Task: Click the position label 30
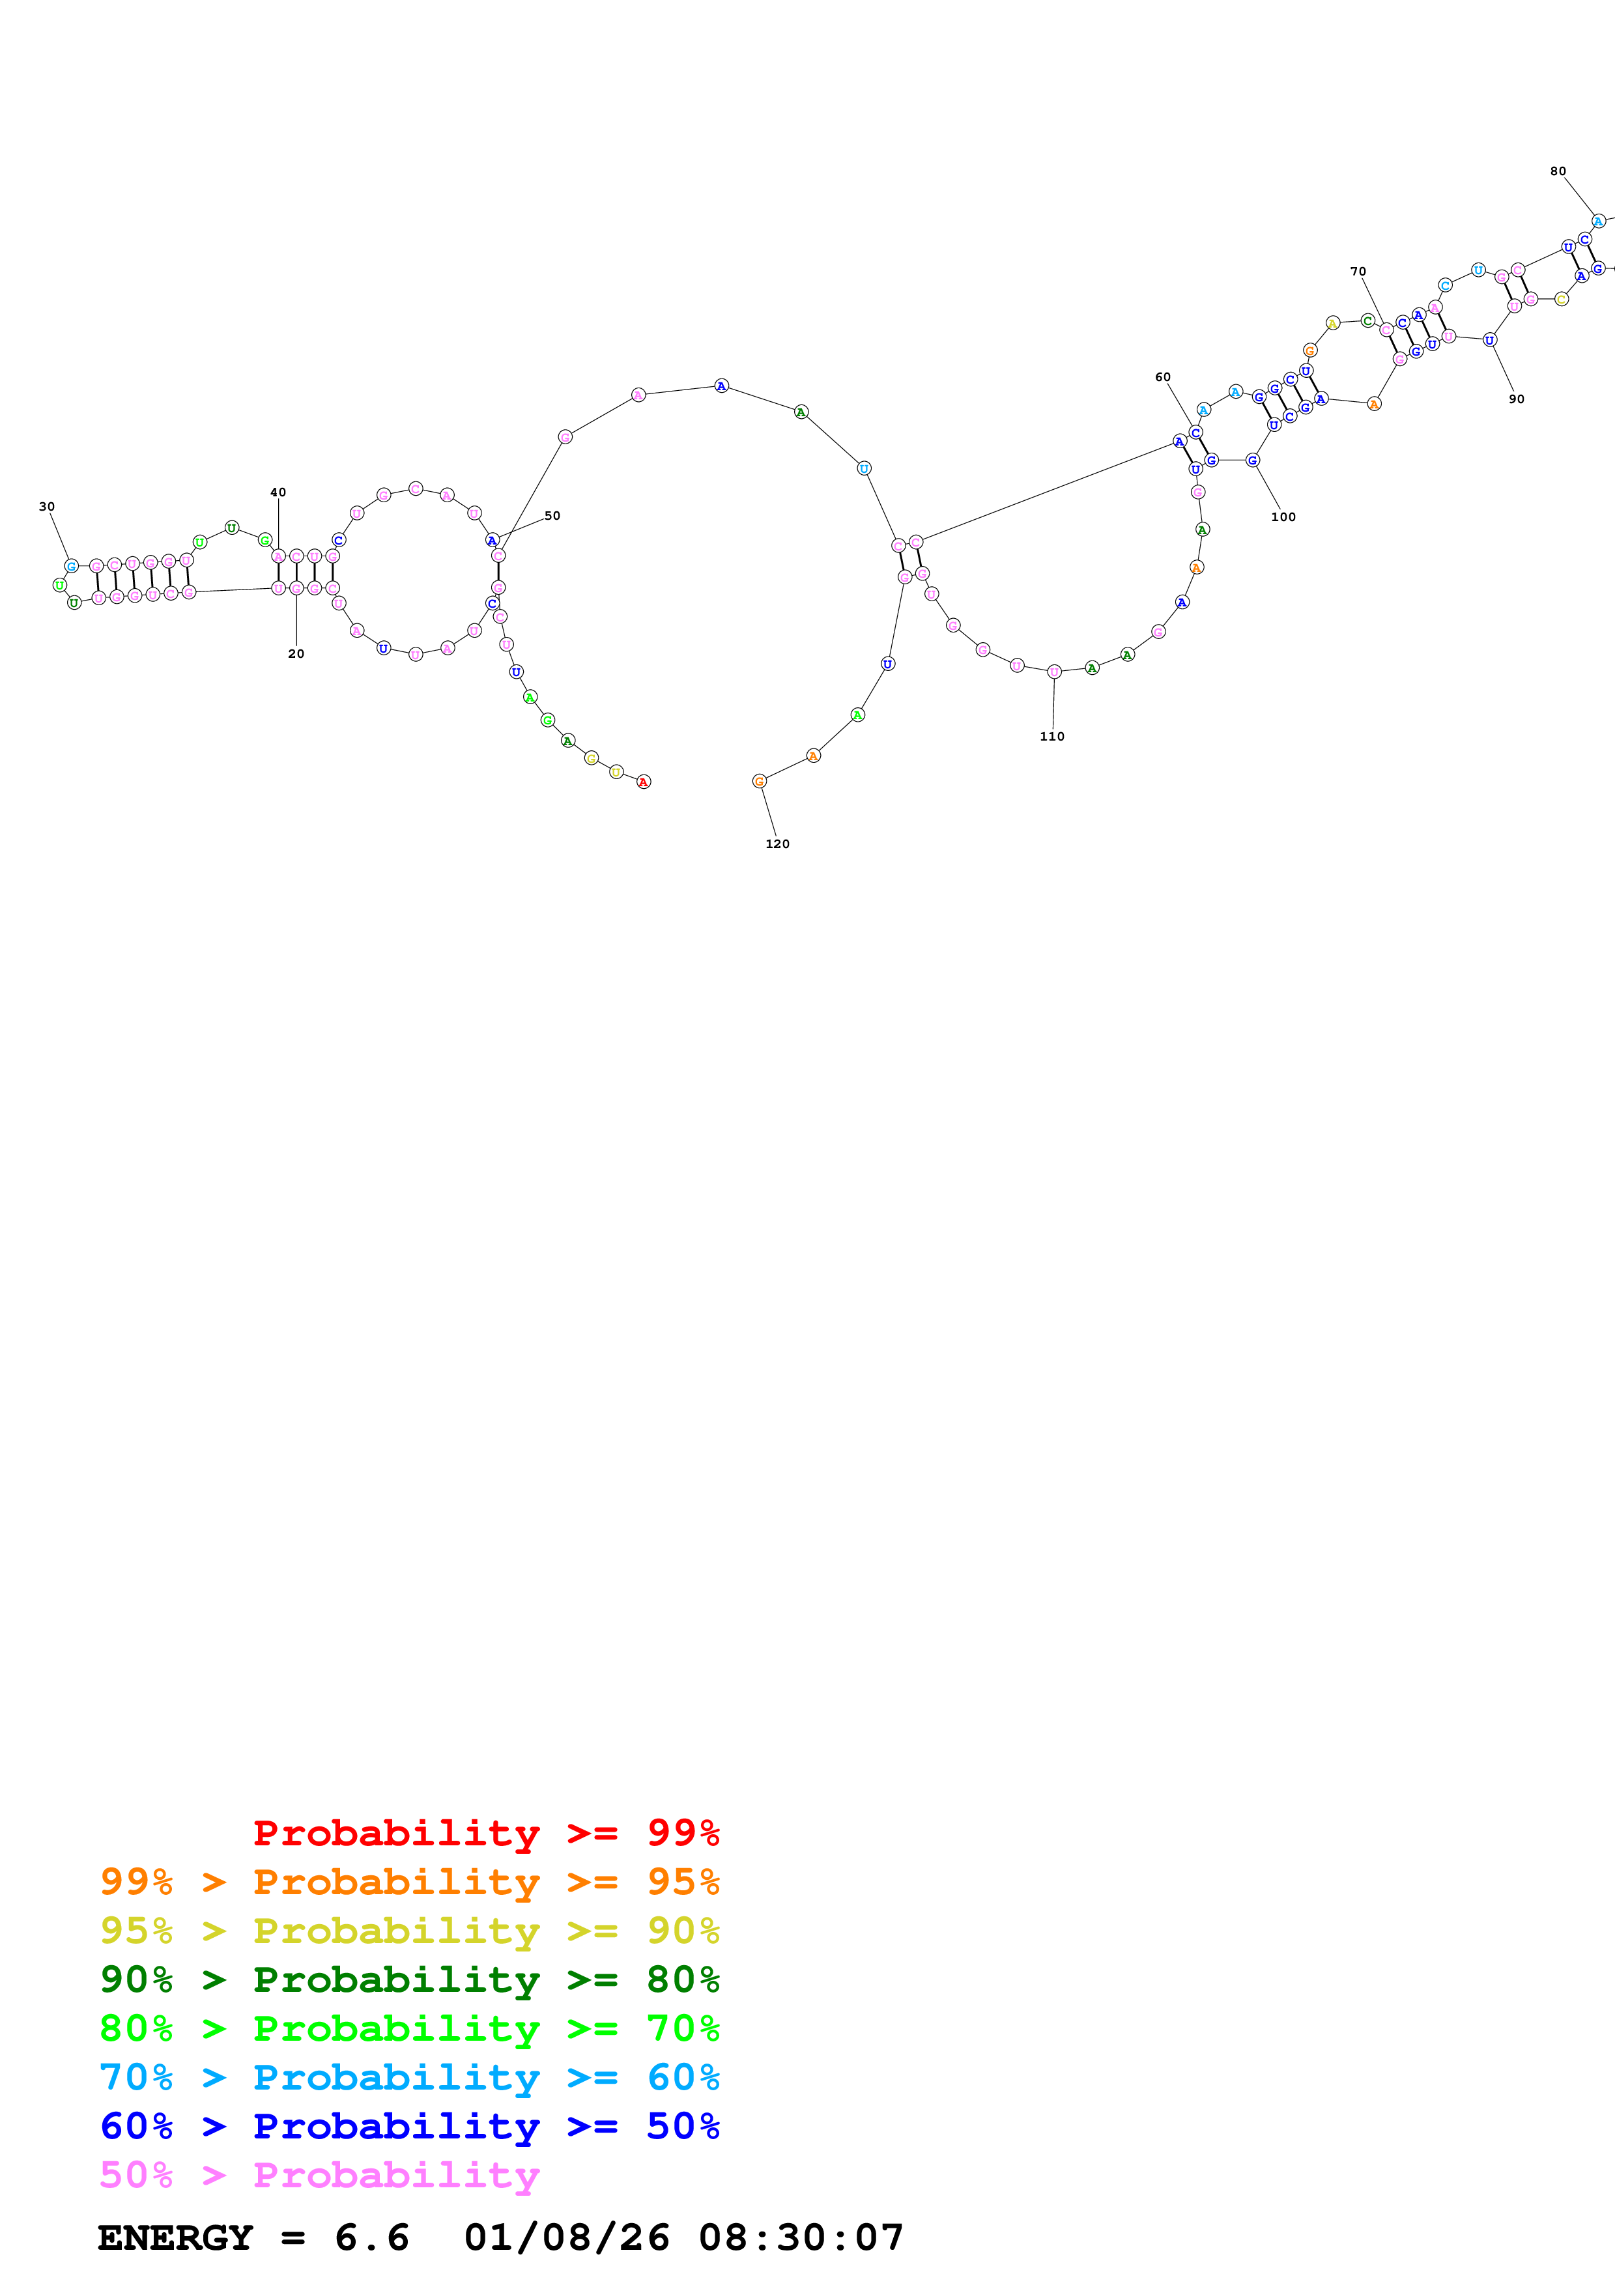(47, 507)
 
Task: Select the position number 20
(296, 654)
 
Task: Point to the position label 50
(552, 515)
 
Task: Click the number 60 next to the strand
(1162, 377)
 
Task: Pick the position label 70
(1357, 272)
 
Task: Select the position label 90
(1515, 399)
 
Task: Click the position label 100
(1283, 517)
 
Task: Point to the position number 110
(1051, 737)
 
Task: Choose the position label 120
(777, 844)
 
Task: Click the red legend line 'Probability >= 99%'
(485, 1833)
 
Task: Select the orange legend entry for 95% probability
(409, 1882)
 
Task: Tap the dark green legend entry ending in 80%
(409, 1980)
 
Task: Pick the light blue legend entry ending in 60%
(409, 2077)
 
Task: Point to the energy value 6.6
(371, 2238)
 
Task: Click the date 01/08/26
(566, 2238)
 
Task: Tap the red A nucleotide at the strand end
(644, 782)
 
